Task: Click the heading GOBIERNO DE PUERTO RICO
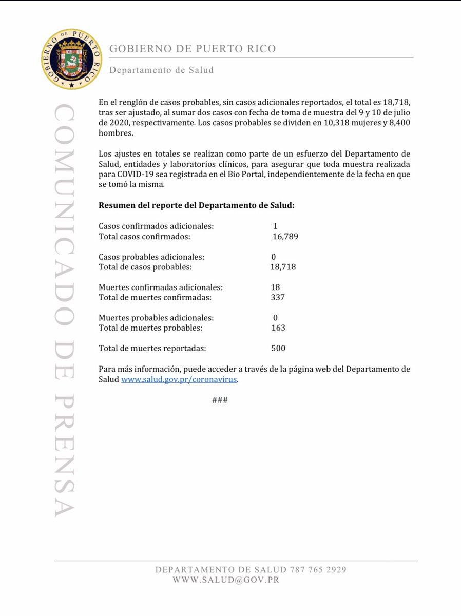point(193,49)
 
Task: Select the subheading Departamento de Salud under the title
point(161,70)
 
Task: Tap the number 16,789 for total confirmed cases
point(285,237)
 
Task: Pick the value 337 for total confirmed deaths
point(278,297)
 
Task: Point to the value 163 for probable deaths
point(278,328)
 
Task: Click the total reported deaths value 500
point(278,348)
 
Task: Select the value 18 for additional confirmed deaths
point(276,287)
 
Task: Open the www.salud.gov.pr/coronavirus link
point(180,380)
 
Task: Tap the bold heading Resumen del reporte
point(197,205)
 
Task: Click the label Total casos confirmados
point(144,237)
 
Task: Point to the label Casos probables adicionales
point(151,257)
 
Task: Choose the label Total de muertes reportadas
point(152,348)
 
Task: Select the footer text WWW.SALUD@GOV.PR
point(226,580)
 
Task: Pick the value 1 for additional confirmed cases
point(276,226)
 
